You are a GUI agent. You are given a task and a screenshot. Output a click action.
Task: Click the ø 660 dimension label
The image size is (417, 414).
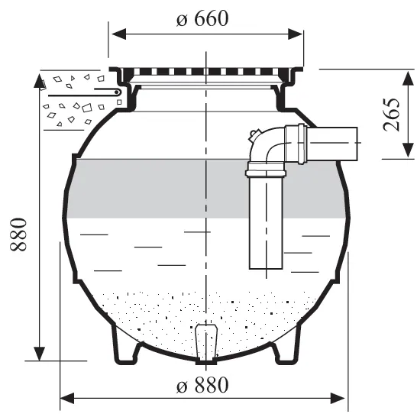[x=202, y=18]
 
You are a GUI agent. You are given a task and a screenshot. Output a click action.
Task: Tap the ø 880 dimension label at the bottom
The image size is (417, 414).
[x=202, y=385]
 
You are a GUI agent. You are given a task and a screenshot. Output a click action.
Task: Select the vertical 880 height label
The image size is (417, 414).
[x=18, y=234]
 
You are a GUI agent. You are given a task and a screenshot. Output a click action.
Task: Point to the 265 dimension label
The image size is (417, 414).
[x=392, y=115]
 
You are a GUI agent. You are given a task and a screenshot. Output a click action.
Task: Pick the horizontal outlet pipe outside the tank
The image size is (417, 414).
[x=332, y=144]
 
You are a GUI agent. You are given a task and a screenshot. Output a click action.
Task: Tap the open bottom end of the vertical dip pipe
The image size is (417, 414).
[x=266, y=269]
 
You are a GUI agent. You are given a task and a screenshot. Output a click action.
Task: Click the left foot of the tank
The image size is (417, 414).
[x=126, y=346]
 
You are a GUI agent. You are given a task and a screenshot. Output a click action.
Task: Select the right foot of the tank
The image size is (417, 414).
[x=286, y=346]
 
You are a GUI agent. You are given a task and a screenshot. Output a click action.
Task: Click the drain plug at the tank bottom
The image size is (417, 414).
[x=206, y=343]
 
